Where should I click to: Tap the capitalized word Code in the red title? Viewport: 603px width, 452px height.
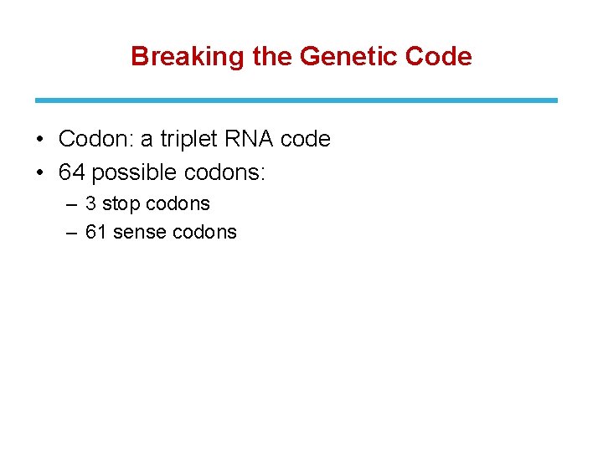point(438,57)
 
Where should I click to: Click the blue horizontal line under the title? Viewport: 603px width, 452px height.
point(296,100)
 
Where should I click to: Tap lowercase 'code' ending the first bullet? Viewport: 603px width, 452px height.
point(306,139)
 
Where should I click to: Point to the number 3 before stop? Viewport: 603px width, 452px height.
point(91,204)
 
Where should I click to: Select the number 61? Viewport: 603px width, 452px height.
point(96,233)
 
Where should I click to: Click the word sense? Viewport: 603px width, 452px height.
point(139,233)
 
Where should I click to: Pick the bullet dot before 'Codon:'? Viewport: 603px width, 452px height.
point(40,139)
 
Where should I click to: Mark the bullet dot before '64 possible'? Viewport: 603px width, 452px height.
point(40,172)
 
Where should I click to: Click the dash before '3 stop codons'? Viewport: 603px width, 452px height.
point(71,204)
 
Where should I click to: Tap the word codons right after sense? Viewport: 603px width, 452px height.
point(204,233)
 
